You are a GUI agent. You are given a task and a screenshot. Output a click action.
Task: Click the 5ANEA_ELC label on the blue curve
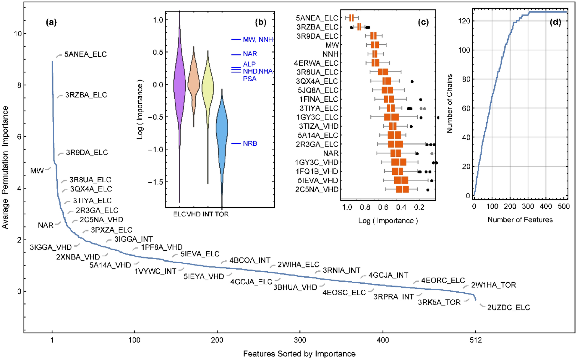(85, 54)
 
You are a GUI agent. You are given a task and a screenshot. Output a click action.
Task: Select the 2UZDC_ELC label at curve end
(508, 308)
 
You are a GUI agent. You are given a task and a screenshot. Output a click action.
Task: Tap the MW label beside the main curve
(37, 171)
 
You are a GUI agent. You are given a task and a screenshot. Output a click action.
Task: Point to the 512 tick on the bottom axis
(475, 340)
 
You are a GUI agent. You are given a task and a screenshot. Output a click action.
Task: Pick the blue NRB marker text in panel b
(250, 144)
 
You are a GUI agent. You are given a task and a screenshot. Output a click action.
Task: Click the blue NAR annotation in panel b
(250, 54)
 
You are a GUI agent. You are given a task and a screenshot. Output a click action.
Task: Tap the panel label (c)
(423, 22)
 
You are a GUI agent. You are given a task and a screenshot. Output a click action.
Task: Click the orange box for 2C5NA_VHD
(402, 189)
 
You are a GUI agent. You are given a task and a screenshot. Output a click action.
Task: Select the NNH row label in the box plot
(330, 54)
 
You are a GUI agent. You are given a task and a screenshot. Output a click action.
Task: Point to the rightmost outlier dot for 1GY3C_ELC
(438, 118)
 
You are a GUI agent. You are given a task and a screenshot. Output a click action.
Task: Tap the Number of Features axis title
(520, 220)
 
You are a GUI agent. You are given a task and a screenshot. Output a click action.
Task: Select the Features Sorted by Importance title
(299, 354)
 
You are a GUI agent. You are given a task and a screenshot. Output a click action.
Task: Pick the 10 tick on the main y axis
(18, 34)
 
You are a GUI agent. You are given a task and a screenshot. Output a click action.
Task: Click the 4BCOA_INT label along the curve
(249, 260)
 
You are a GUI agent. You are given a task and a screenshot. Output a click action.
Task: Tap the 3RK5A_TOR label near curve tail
(439, 302)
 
